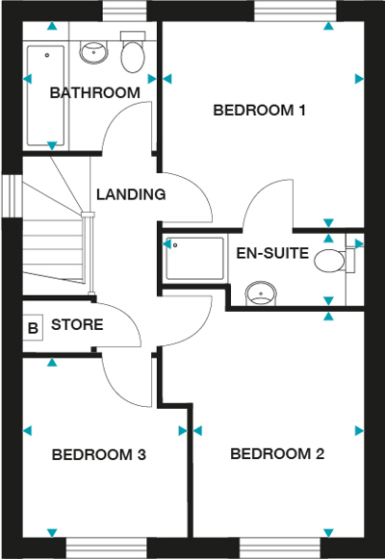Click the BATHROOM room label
coord(95,93)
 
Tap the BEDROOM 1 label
coord(260,110)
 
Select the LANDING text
coord(131,194)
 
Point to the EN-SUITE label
coord(272,253)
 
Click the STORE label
coord(77,325)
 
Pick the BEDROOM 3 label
coord(99,455)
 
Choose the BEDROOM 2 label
coord(277,454)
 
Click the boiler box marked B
coord(33,328)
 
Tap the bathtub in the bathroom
coord(46,95)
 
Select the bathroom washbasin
coord(93,52)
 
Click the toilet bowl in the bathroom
coord(133,57)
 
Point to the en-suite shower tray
coord(194,259)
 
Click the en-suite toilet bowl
coord(330,261)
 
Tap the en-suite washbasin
coord(261,293)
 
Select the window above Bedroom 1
coord(295,11)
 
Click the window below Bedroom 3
coord(107,548)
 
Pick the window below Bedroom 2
coord(280,548)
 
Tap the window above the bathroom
coord(125,11)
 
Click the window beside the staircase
coord(13,195)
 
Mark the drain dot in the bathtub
coord(47,55)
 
